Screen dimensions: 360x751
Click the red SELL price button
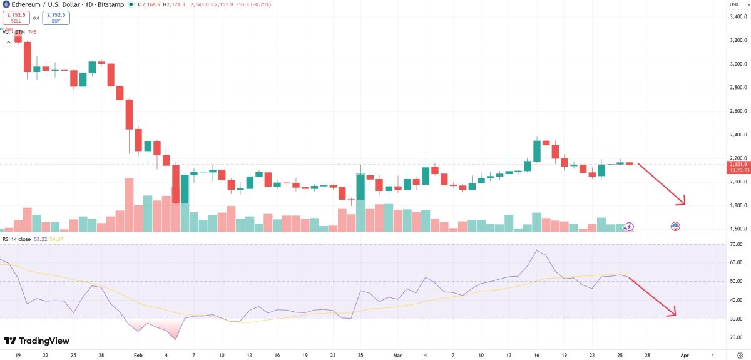(x=15, y=18)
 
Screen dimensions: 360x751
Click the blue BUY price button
(x=56, y=18)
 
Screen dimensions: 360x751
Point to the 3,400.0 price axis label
(x=737, y=16)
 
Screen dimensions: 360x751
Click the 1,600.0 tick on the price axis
(x=737, y=229)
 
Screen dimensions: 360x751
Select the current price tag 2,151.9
(x=737, y=164)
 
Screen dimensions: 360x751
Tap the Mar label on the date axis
(x=397, y=354)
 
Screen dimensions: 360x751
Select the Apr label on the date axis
(x=684, y=354)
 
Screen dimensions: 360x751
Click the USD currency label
(x=733, y=4)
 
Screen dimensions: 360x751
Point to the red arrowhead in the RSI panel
(x=673, y=312)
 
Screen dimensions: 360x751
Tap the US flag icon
(x=675, y=226)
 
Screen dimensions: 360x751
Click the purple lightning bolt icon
(x=630, y=227)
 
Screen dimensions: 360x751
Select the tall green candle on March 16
(x=537, y=151)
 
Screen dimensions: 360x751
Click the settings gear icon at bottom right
(x=740, y=354)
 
